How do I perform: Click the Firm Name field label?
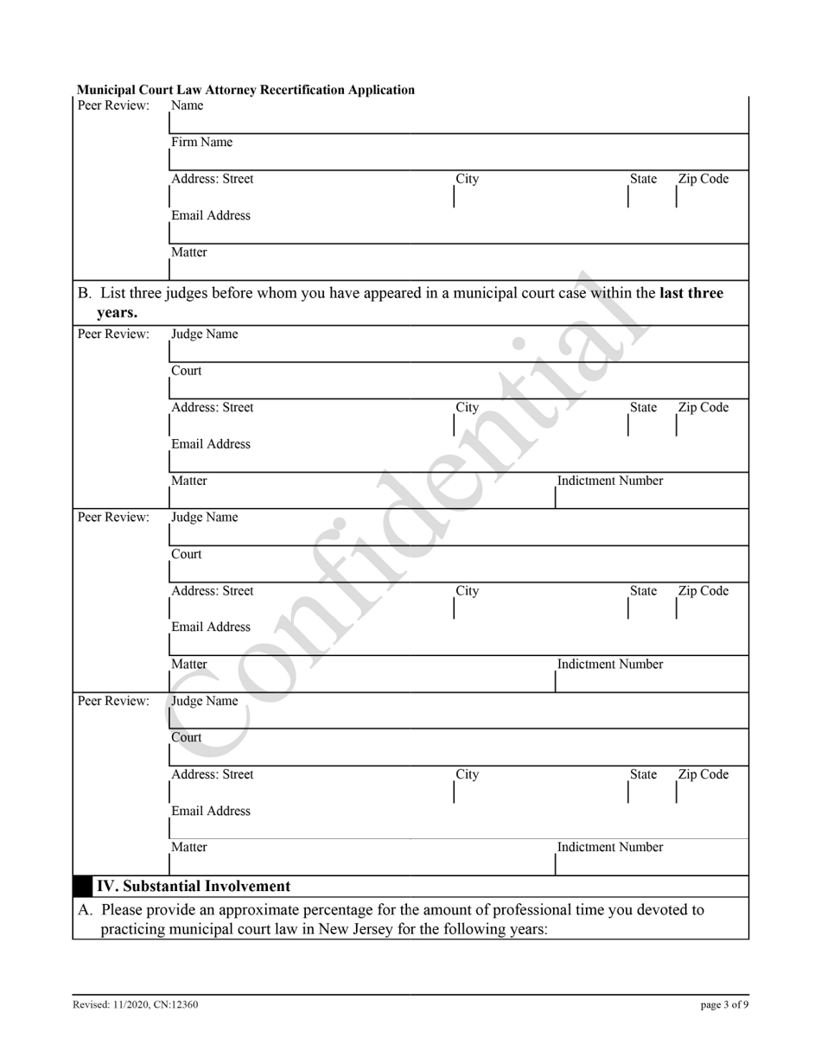[201, 143]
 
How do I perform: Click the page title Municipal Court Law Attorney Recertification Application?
[245, 90]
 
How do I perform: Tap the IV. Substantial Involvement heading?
[193, 887]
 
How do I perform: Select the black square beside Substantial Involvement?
[82, 887]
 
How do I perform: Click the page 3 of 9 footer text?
[724, 1005]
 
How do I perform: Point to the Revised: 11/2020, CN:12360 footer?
[136, 1005]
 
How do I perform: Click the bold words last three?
[691, 294]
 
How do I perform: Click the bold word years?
[118, 313]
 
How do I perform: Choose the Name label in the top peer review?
[188, 105]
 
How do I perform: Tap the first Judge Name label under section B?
[204, 334]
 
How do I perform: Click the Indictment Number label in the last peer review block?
[610, 848]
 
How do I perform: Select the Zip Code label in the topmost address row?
[703, 180]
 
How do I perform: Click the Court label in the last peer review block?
[186, 738]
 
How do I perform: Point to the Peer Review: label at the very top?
[113, 105]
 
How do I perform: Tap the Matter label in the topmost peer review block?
[188, 253]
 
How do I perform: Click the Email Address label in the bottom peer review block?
[211, 812]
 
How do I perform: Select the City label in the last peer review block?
[467, 775]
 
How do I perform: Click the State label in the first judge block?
[642, 408]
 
